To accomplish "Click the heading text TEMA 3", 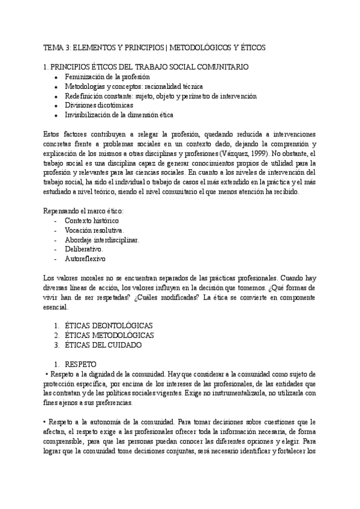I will pos(61,47).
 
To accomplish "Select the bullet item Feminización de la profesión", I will pos(107,77).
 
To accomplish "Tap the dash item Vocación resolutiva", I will pos(95,230).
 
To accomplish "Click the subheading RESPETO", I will pos(84,364).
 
